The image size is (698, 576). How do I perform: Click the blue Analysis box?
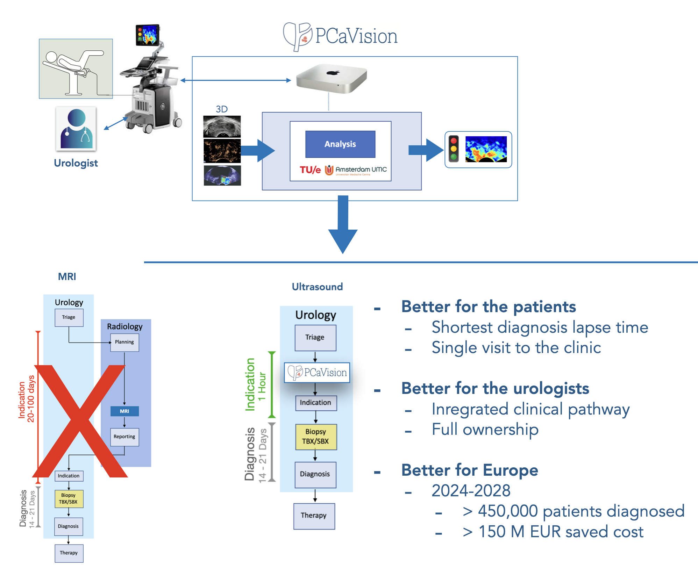pos(340,144)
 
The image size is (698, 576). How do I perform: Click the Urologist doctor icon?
pos(76,129)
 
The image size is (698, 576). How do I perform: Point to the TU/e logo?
pos(310,170)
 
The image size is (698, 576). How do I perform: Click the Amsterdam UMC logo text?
pos(361,170)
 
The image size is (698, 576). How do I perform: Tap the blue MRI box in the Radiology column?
pos(124,411)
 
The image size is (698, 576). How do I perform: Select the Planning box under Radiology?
pos(124,342)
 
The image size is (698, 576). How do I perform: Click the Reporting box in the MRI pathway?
pos(124,437)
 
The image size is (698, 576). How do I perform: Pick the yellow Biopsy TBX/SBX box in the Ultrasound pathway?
pos(316,437)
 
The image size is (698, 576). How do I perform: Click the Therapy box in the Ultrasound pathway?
pos(314,516)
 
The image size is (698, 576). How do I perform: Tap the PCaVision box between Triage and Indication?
pos(317,373)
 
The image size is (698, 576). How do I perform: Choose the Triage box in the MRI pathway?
pos(69,317)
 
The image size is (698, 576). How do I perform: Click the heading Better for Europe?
pos(469,470)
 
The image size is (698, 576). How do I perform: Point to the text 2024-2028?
pos(471,491)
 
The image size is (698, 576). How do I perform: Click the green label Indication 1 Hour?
pos(256,384)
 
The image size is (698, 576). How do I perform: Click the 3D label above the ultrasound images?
pos(222,109)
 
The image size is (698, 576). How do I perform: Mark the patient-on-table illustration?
pos(76,69)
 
